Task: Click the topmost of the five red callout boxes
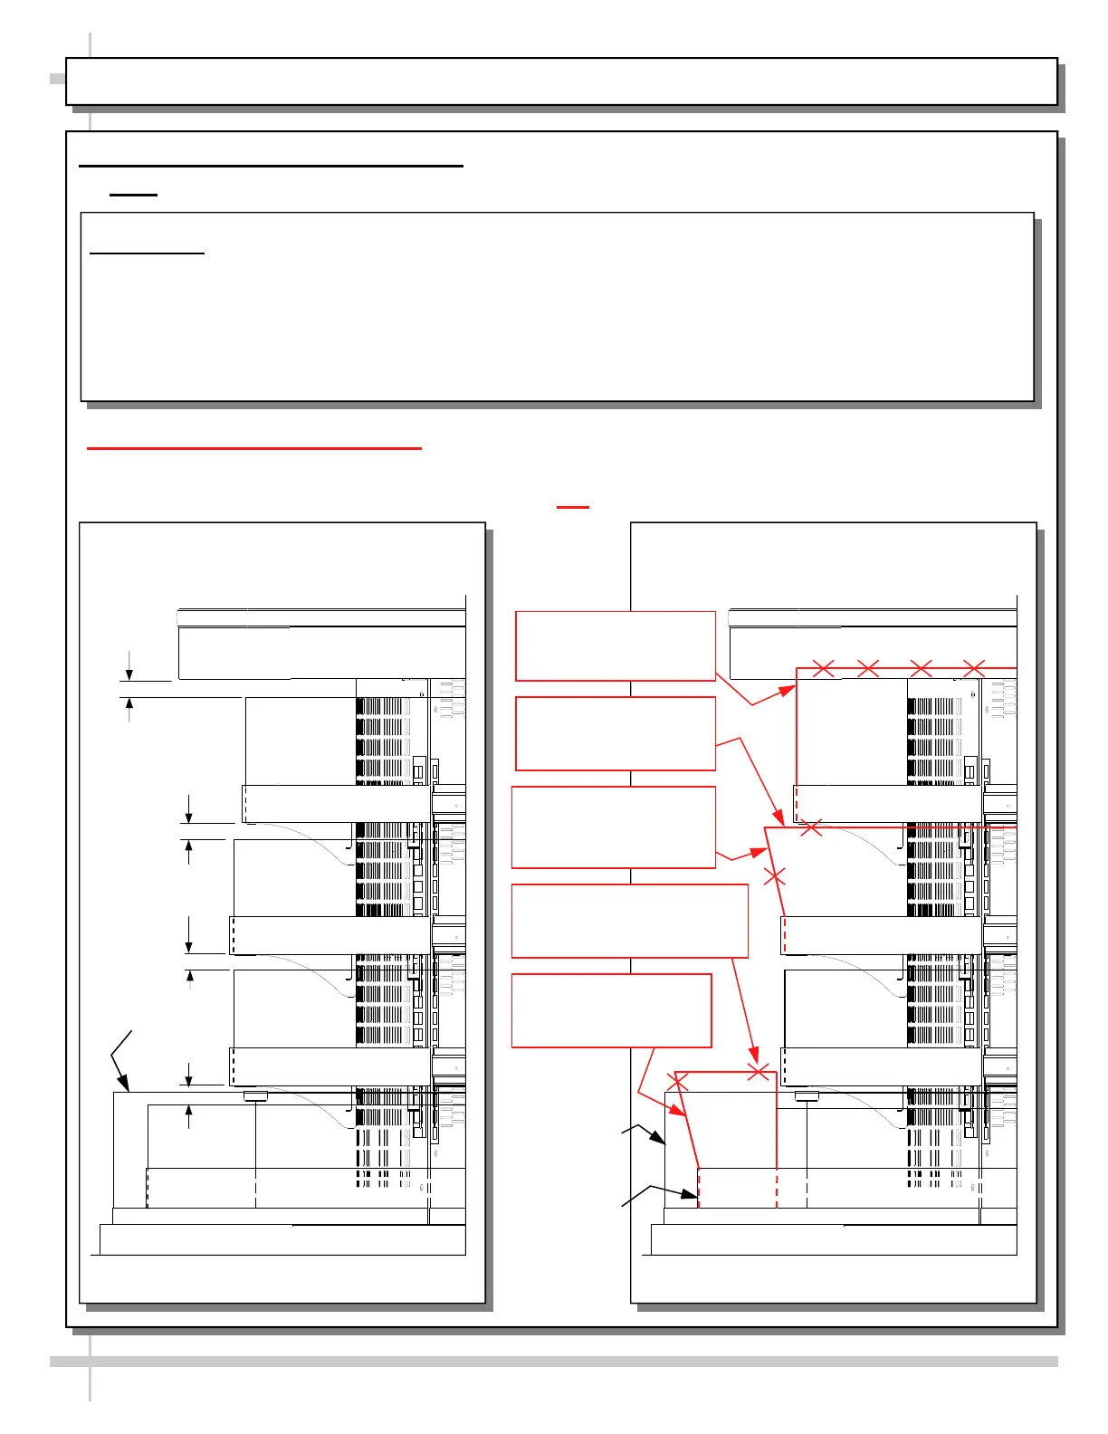(616, 645)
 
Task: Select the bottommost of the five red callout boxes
(612, 1010)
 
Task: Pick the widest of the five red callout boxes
(630, 921)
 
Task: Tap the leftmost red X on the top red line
(824, 668)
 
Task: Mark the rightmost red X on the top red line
(974, 668)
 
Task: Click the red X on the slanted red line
(775, 875)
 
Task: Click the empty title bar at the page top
(561, 81)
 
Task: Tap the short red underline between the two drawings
(573, 507)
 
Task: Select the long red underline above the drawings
(254, 447)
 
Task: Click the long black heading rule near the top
(271, 167)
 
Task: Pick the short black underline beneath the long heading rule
(133, 195)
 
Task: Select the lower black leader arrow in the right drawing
(692, 1200)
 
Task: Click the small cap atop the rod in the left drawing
(256, 1096)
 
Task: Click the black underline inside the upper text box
(148, 254)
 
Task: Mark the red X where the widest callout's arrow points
(759, 1073)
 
